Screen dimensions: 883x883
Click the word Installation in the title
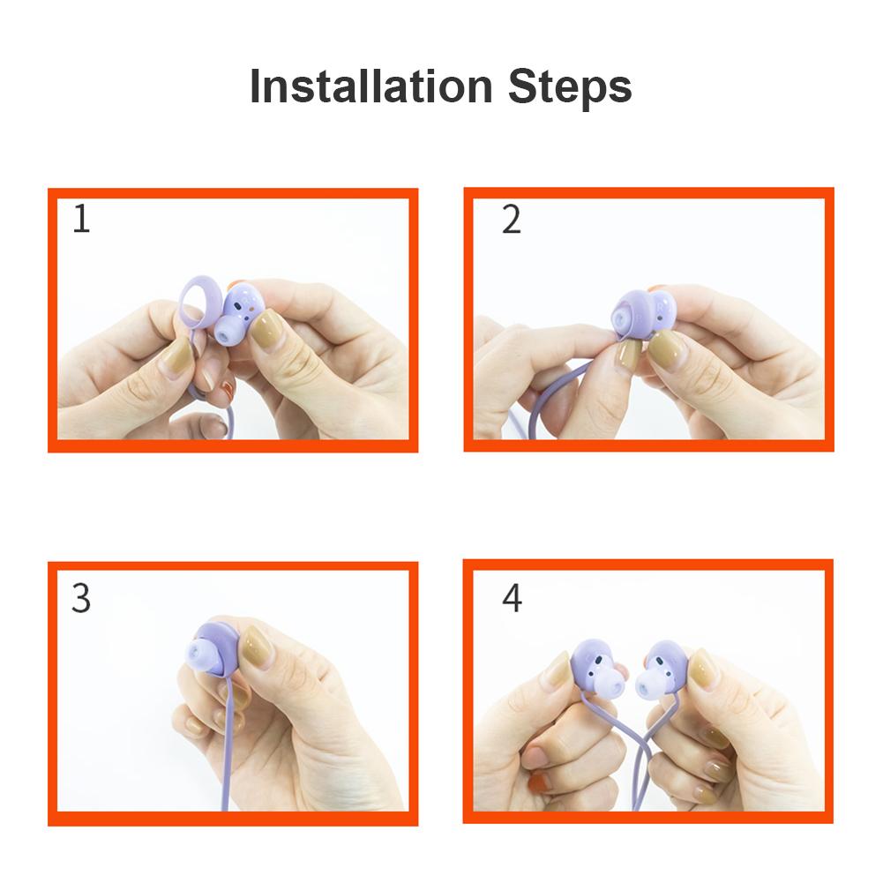pyautogui.click(x=371, y=86)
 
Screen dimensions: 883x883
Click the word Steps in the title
pyautogui.click(x=570, y=86)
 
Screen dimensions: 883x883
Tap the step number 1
pyautogui.click(x=82, y=219)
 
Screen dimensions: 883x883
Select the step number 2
pyautogui.click(x=512, y=220)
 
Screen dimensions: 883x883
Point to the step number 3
pyautogui.click(x=81, y=598)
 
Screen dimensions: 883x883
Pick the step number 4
pyautogui.click(x=512, y=598)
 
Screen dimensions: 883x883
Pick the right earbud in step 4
pyautogui.click(x=661, y=670)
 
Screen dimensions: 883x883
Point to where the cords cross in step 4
pyautogui.click(x=644, y=741)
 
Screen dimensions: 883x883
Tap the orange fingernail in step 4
pyautogui.click(x=539, y=782)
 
